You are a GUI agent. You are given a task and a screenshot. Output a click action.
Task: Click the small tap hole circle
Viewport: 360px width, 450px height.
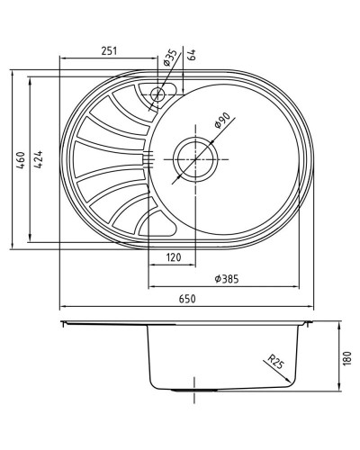[159, 92]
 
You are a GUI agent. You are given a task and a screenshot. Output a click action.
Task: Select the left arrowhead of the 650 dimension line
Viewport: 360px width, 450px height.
[63, 307]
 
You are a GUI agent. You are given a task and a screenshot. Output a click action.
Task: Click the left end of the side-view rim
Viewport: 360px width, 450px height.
[64, 321]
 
